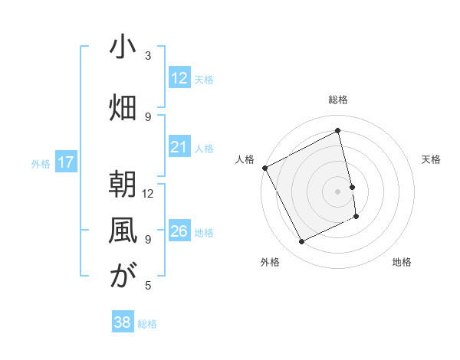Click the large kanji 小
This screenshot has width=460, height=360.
click(123, 47)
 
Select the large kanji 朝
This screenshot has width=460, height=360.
click(123, 184)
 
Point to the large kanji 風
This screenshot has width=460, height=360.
click(123, 231)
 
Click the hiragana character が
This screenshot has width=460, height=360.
click(123, 277)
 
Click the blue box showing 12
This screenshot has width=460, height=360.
click(179, 78)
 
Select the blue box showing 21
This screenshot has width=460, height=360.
click(179, 147)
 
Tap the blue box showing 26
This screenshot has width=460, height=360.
click(179, 231)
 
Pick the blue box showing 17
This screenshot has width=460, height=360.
click(65, 162)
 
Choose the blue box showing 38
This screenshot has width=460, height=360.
click(122, 322)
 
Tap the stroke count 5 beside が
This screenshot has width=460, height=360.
click(148, 286)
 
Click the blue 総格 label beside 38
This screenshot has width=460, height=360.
click(147, 324)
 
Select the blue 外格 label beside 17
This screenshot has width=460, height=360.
click(40, 163)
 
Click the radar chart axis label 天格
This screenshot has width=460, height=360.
click(432, 159)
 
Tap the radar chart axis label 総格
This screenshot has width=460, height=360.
click(338, 100)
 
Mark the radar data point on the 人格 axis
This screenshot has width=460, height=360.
click(265, 168)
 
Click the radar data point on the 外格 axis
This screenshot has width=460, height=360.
click(302, 242)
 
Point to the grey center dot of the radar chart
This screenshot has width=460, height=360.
click(337, 191)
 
